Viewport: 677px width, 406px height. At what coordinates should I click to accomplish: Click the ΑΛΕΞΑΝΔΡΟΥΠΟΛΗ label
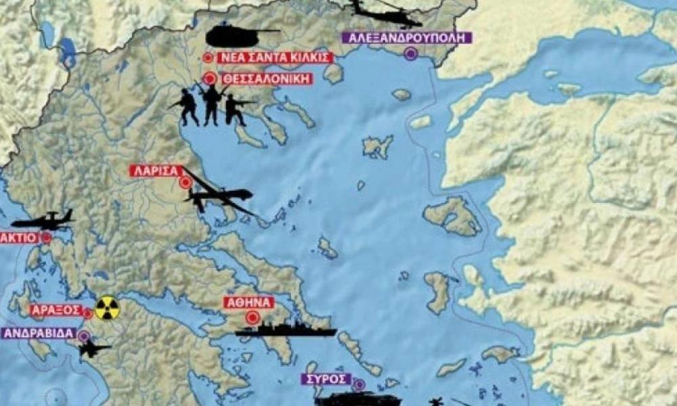click(408, 38)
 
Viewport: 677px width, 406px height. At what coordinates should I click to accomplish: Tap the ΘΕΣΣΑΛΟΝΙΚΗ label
click(267, 78)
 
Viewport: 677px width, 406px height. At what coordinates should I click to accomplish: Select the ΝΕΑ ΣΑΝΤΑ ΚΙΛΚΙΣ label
click(276, 58)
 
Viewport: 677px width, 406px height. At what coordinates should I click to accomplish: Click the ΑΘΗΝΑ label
click(251, 302)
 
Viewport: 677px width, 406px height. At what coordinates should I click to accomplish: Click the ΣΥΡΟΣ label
click(327, 379)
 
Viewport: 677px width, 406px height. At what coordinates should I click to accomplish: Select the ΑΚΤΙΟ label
click(18, 238)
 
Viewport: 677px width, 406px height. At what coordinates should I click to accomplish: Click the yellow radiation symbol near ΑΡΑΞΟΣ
click(107, 309)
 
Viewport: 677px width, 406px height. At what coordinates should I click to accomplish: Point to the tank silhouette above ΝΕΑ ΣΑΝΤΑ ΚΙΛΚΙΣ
click(237, 35)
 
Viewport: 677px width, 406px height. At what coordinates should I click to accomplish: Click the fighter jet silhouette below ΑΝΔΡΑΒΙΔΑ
click(92, 348)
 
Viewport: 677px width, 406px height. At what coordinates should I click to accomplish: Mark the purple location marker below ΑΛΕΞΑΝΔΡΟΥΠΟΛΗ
click(410, 54)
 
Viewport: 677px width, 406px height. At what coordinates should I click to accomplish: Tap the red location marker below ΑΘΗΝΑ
click(253, 317)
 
